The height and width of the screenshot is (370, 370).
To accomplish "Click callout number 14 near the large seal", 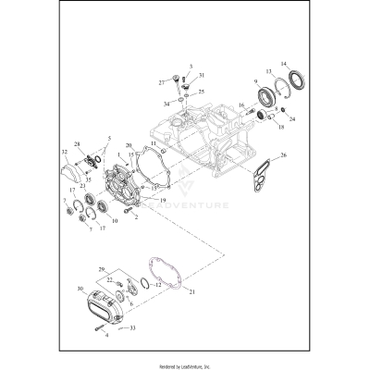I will [x=284, y=63].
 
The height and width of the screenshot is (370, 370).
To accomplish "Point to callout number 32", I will [x=63, y=152].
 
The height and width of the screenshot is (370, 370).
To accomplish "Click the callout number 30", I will [x=80, y=290].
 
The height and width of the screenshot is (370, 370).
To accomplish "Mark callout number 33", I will [x=133, y=327].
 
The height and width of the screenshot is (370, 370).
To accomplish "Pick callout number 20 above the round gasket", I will [x=129, y=146].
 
